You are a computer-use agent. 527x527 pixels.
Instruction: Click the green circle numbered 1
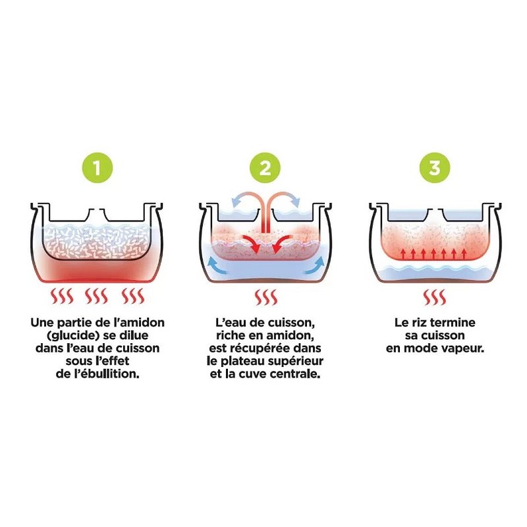[x=97, y=168]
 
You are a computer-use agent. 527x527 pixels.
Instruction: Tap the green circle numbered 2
[x=265, y=168]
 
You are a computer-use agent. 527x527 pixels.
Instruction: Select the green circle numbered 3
[x=435, y=168]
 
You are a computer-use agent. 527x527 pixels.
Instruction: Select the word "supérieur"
[x=294, y=361]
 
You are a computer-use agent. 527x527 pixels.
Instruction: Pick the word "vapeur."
[x=463, y=348]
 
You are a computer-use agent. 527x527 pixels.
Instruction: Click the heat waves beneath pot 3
[x=435, y=297]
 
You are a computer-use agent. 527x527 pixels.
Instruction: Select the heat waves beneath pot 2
[x=265, y=297]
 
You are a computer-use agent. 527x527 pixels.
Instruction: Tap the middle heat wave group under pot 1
[x=96, y=296]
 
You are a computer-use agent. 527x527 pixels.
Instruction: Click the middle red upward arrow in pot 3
[x=433, y=254]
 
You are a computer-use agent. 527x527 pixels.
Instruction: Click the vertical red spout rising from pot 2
[x=265, y=215]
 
